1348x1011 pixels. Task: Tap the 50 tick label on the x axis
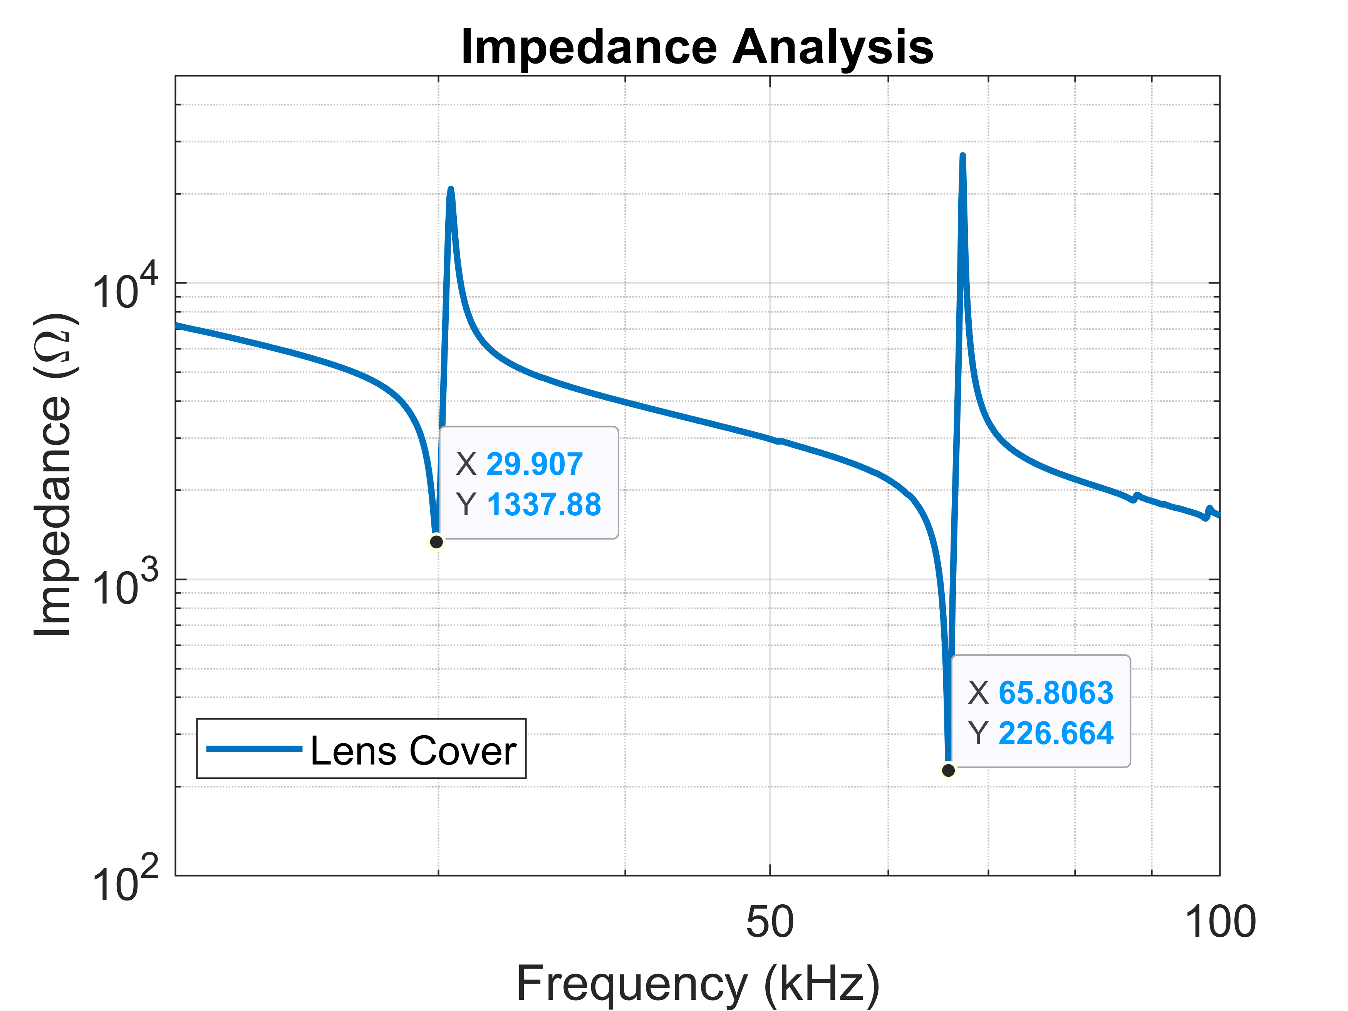click(770, 922)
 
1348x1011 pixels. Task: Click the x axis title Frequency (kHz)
click(698, 984)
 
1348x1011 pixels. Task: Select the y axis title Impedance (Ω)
click(54, 475)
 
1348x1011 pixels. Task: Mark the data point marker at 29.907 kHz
click(436, 542)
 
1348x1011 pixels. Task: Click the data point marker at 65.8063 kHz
click(948, 770)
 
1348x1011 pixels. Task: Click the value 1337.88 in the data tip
click(543, 505)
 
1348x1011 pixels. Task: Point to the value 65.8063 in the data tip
click(1056, 693)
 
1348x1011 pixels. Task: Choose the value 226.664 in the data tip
click(1056, 733)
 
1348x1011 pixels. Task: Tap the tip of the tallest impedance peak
click(962, 157)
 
